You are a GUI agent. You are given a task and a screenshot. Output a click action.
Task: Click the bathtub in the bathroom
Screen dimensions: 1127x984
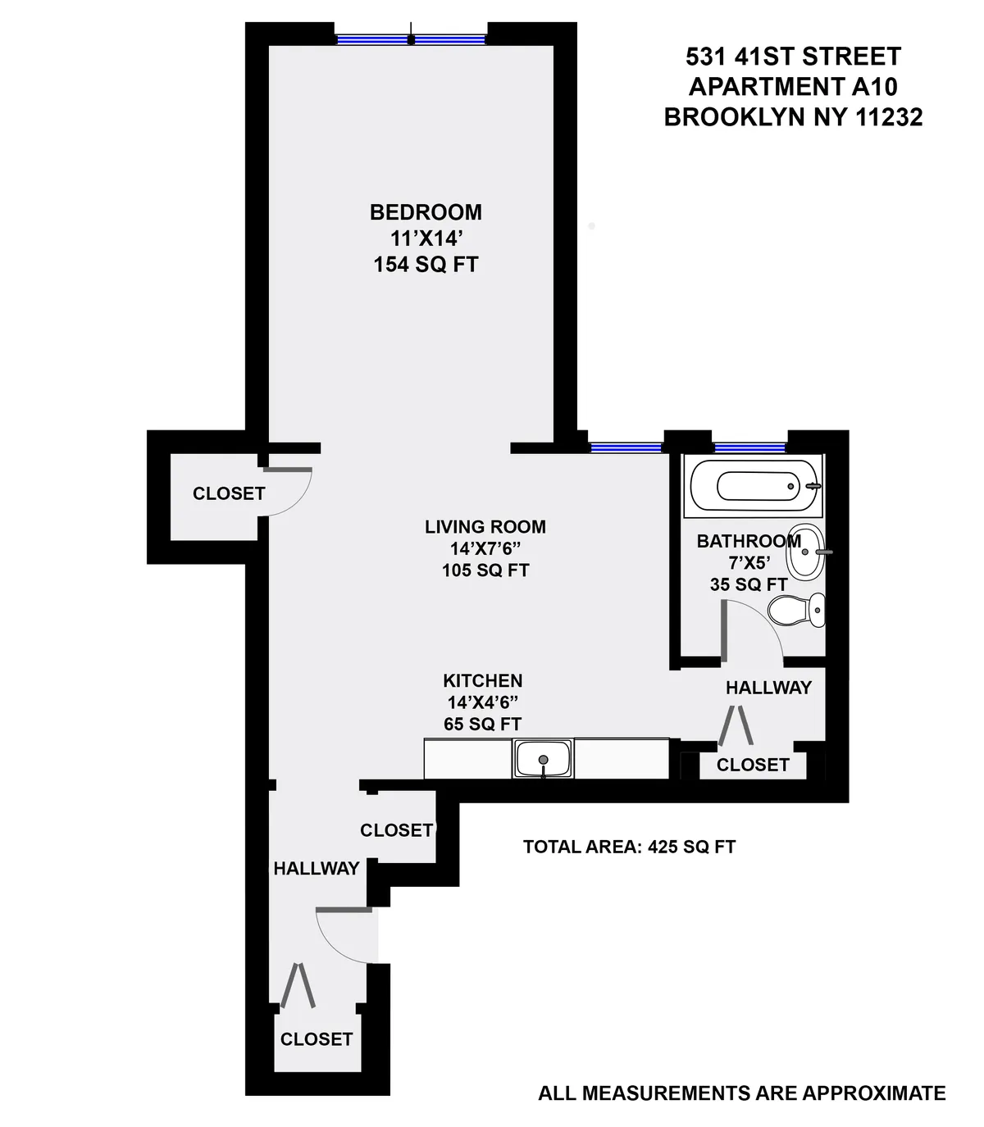click(x=754, y=487)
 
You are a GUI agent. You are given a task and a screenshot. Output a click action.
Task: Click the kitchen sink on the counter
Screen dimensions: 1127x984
click(x=543, y=757)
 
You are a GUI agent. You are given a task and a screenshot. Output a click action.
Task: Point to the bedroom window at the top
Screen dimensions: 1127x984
click(x=412, y=39)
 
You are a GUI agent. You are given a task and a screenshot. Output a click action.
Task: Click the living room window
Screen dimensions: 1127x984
click(x=626, y=448)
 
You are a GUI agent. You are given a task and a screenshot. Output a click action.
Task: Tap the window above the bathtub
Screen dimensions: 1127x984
click(x=749, y=448)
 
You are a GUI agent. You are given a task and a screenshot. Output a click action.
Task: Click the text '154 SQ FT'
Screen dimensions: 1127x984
click(x=426, y=265)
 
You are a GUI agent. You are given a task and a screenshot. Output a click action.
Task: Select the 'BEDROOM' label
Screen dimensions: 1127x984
click(x=426, y=212)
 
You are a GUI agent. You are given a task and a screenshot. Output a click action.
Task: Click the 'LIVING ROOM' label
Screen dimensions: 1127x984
click(x=485, y=527)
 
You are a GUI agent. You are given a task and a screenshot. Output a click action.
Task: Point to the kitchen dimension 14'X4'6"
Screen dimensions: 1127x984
click(x=482, y=702)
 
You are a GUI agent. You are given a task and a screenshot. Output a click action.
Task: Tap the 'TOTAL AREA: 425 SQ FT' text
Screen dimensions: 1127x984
click(x=629, y=847)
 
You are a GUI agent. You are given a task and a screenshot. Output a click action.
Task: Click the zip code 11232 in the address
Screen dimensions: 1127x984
click(x=889, y=117)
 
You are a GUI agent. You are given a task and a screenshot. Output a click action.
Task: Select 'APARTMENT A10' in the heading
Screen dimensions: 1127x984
click(x=793, y=86)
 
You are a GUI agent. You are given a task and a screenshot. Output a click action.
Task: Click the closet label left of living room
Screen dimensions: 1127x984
click(x=229, y=493)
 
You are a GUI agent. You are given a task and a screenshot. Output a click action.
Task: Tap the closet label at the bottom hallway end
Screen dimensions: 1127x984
click(x=316, y=1039)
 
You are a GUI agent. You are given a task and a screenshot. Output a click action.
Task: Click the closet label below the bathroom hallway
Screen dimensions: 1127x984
click(x=753, y=765)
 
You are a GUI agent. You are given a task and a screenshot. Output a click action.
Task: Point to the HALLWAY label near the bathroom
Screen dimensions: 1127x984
click(x=768, y=688)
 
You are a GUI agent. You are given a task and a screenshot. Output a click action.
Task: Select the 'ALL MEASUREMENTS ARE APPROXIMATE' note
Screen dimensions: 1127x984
click(x=741, y=1093)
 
